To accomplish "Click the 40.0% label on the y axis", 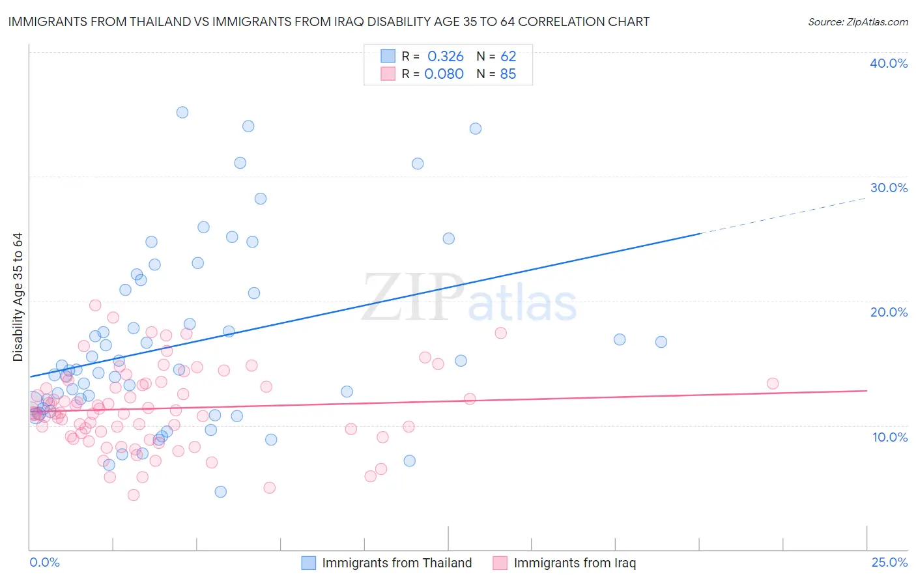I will [889, 63].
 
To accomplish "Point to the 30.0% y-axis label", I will [889, 188].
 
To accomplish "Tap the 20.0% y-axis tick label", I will [889, 312].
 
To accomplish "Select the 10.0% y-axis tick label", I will [890, 437].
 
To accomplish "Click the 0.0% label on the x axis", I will [44, 562].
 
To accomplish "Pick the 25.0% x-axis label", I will [889, 562].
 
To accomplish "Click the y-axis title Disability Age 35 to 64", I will [18, 297].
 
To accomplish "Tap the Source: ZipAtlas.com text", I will [857, 21].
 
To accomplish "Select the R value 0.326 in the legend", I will [446, 57].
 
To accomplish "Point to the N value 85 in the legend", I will [508, 74].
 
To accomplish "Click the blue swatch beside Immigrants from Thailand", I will [309, 563].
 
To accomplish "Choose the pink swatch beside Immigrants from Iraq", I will [500, 563].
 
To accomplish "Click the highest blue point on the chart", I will [182, 113].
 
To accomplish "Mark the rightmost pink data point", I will [773, 384].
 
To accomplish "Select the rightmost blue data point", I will [661, 342].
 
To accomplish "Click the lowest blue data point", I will [221, 492].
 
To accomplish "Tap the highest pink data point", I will [95, 305].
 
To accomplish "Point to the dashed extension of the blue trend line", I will [782, 215].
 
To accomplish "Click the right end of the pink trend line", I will [866, 390].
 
